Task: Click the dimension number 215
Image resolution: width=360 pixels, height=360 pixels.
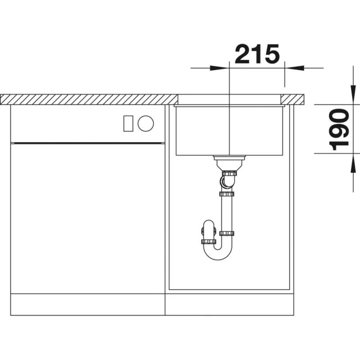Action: [257, 54]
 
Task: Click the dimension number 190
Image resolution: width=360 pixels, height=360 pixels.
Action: [339, 130]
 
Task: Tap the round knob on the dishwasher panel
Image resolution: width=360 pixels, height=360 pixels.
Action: [145, 123]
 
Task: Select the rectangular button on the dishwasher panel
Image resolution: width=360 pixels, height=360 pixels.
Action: [128, 123]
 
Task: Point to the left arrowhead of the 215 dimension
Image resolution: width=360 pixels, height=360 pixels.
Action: [220, 68]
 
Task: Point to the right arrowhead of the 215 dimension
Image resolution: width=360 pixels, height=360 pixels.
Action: [294, 68]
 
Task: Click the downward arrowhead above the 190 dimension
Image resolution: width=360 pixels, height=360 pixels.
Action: [353, 94]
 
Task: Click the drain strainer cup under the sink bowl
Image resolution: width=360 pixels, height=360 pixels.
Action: [229, 163]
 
